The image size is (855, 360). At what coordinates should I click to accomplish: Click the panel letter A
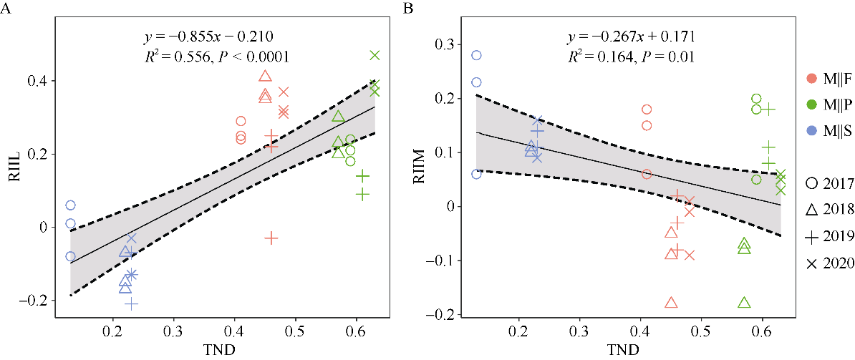[x=7, y=9]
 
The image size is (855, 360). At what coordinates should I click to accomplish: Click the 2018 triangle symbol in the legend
[x=811, y=210]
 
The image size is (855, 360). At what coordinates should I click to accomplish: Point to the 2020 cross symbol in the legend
[x=811, y=264]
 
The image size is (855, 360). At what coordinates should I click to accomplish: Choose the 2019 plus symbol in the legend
[x=811, y=237]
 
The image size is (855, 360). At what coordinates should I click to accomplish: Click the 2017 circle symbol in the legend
[x=811, y=183]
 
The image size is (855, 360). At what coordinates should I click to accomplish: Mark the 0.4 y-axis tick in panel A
[x=44, y=81]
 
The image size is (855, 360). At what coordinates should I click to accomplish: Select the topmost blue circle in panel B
[x=476, y=55]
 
